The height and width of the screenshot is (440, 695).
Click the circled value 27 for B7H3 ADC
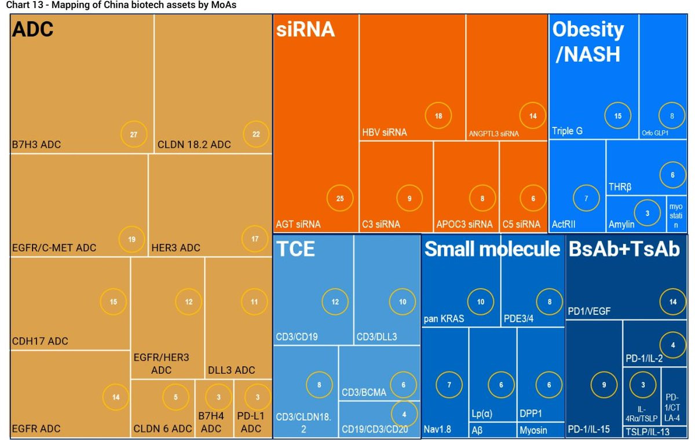[133, 134]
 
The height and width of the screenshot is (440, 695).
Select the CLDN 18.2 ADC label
[194, 144]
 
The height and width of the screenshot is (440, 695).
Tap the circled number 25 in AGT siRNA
[340, 199]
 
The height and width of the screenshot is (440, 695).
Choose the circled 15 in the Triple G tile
[618, 116]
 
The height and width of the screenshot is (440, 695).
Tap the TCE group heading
[296, 249]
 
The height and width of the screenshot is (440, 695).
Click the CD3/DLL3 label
[376, 337]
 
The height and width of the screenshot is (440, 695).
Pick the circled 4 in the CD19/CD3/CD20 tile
[404, 413]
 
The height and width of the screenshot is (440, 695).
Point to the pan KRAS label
[444, 318]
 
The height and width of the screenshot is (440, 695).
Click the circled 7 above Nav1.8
[448, 385]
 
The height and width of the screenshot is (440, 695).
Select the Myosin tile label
[533, 430]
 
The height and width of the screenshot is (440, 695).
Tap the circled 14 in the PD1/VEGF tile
[672, 301]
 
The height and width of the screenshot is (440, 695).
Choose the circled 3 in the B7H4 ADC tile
[218, 397]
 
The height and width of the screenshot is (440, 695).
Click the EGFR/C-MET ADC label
[54, 248]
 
